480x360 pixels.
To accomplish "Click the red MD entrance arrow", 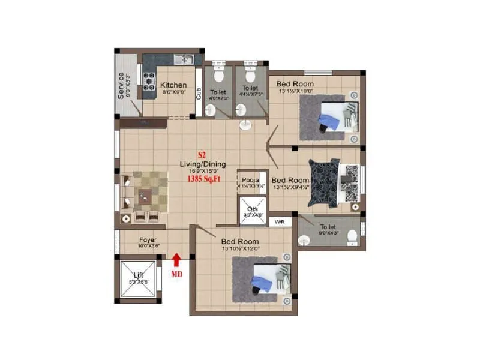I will coord(177,260).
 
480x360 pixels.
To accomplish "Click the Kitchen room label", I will coord(173,85).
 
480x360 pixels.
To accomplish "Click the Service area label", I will coord(121,85).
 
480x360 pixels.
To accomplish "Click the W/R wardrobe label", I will coord(280,222).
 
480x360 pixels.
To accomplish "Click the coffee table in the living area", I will coord(145,194).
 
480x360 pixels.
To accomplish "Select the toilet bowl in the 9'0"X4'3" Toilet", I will coord(352,236).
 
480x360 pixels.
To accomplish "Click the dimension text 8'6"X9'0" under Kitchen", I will coord(173,92).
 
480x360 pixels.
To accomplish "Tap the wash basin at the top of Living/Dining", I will coord(246,124).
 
